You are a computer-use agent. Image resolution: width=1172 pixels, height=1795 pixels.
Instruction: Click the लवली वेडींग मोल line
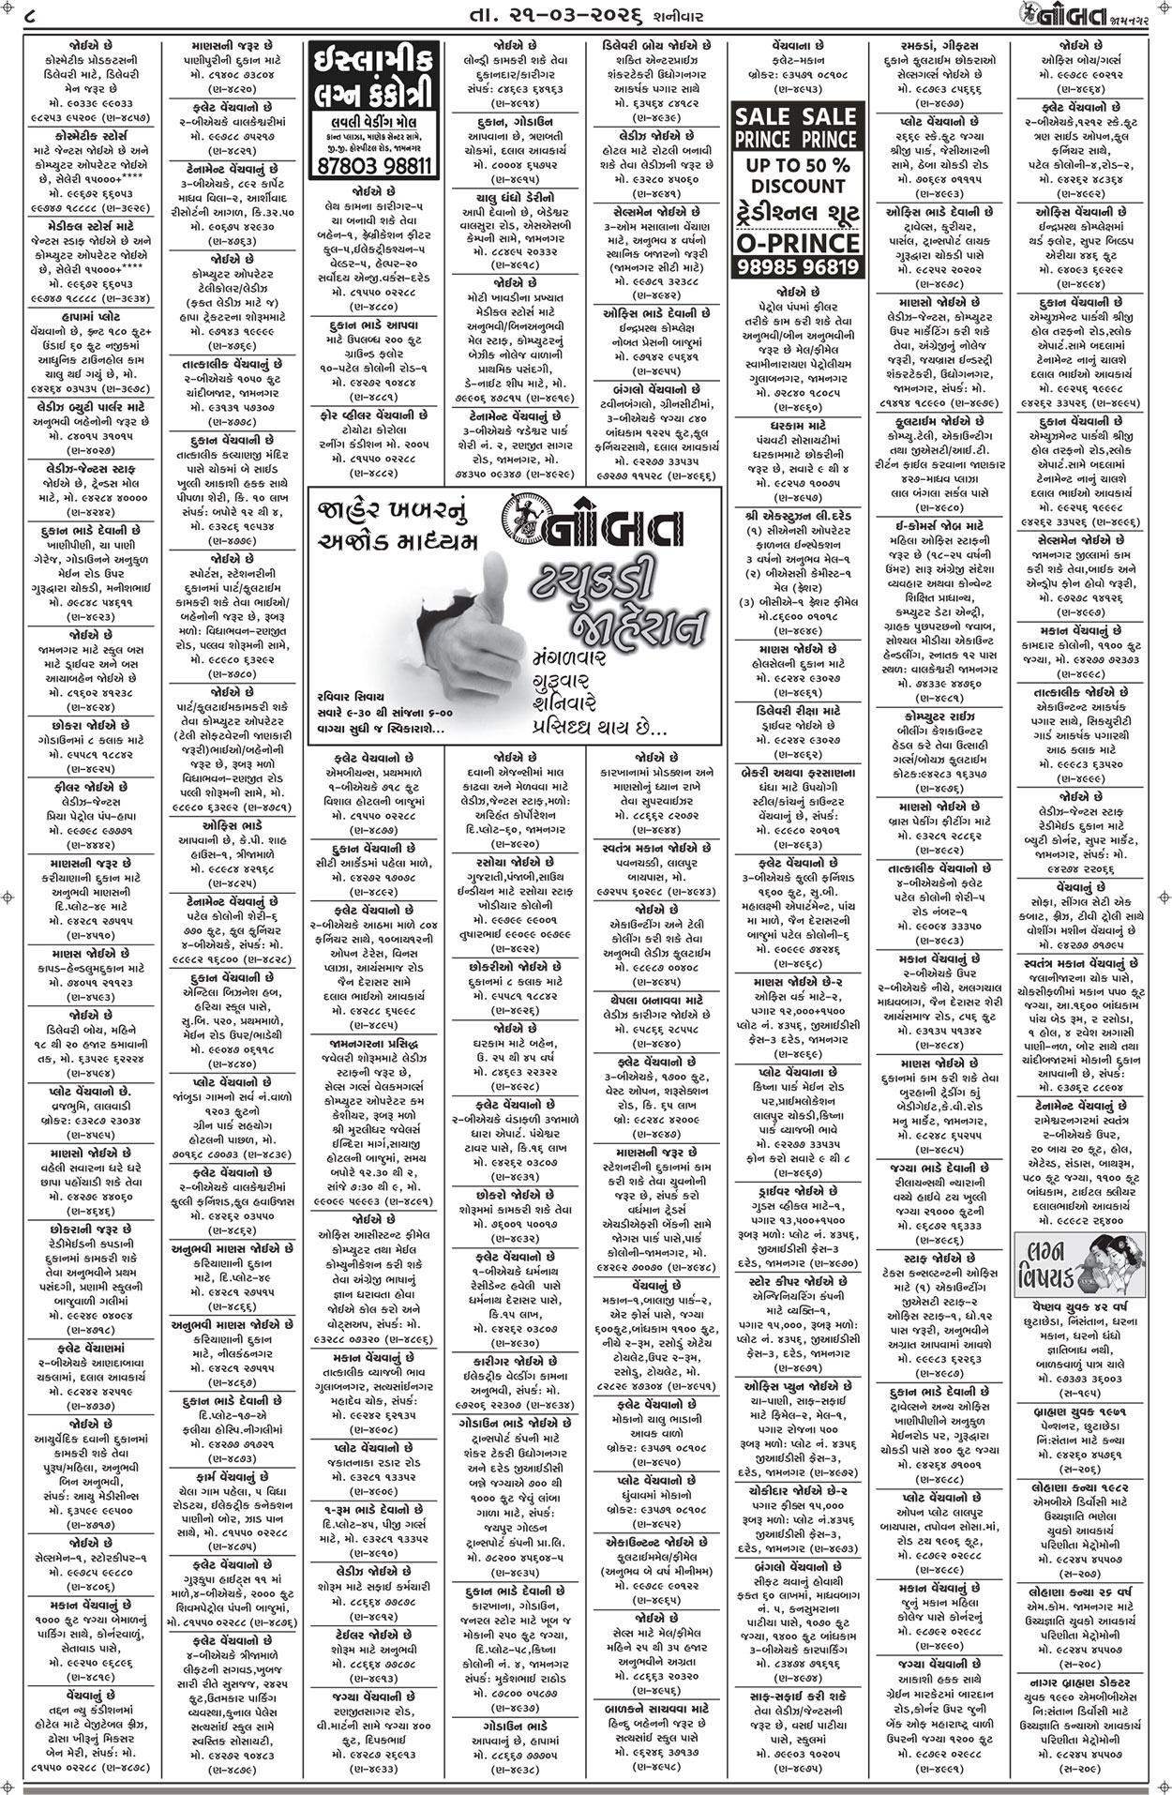pyautogui.click(x=372, y=124)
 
